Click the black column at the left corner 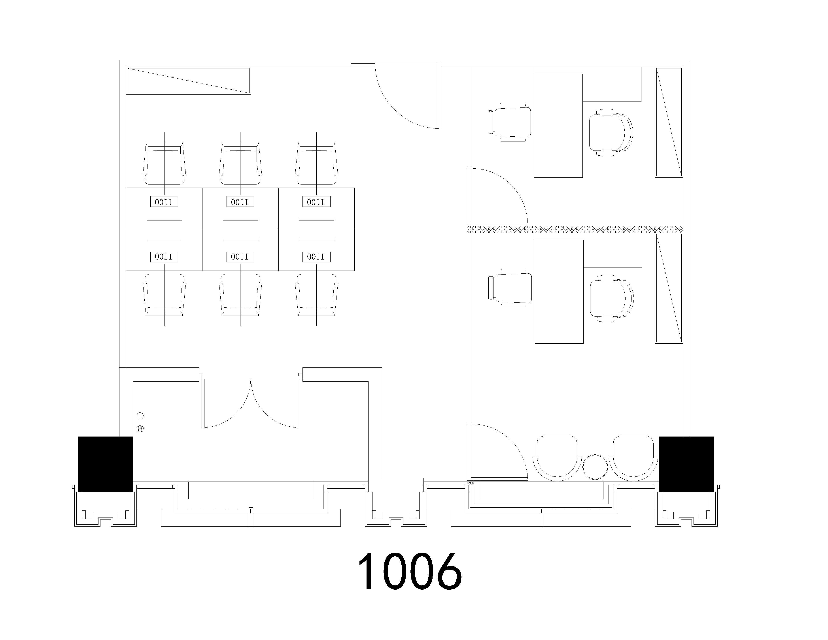pyautogui.click(x=105, y=464)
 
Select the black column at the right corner pyautogui.click(x=686, y=464)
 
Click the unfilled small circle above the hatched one pyautogui.click(x=140, y=416)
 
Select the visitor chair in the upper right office pyautogui.click(x=509, y=122)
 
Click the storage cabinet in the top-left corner pyautogui.click(x=188, y=81)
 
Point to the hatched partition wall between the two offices pyautogui.click(x=575, y=229)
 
